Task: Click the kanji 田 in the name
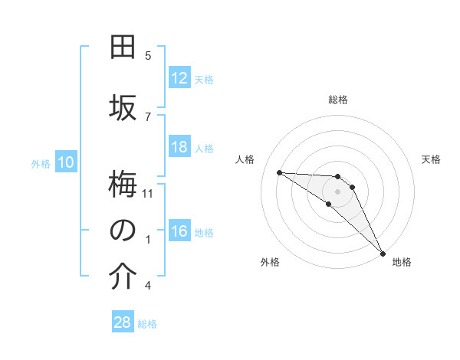pyautogui.click(x=123, y=47)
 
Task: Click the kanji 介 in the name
pyautogui.click(x=123, y=277)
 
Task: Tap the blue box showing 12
pyautogui.click(x=179, y=79)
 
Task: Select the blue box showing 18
pyautogui.click(x=179, y=147)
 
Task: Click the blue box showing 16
pyautogui.click(x=179, y=232)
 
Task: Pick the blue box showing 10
pyautogui.click(x=65, y=162)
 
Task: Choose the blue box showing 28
pyautogui.click(x=123, y=322)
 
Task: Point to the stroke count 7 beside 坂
pyautogui.click(x=148, y=116)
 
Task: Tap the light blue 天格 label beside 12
pyautogui.click(x=204, y=80)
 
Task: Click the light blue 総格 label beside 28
pyautogui.click(x=147, y=324)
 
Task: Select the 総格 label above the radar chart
pyautogui.click(x=338, y=100)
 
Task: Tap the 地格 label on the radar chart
pyautogui.click(x=402, y=262)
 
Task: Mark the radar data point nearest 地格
pyautogui.click(x=382, y=252)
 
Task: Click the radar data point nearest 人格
pyautogui.click(x=279, y=172)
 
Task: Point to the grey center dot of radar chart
pyautogui.click(x=337, y=191)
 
